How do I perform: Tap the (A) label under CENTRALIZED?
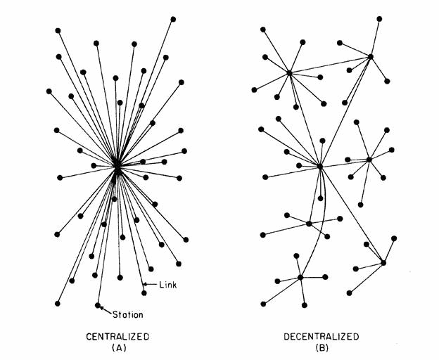point(117,347)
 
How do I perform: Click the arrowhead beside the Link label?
point(145,284)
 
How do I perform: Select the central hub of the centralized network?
point(117,167)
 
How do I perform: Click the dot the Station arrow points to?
point(98,305)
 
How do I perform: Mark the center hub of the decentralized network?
point(320,167)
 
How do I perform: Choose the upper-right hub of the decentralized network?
point(370,56)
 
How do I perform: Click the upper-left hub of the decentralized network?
point(289,72)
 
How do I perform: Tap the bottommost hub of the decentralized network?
point(300,278)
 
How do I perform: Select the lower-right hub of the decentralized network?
point(383,263)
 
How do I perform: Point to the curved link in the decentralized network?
point(317,225)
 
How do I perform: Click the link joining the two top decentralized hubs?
point(329,64)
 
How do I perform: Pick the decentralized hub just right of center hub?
point(369,160)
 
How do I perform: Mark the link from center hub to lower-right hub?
point(352,214)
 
